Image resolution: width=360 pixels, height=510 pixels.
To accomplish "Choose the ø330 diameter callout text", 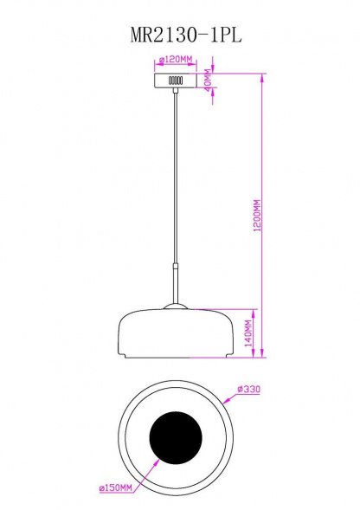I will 248,390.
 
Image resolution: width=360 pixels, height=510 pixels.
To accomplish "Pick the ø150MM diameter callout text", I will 115,489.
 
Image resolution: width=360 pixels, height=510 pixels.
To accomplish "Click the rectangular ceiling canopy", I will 176,80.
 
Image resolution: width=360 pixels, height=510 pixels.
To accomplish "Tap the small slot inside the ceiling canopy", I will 176,81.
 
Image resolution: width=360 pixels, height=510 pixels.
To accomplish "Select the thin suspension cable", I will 176,173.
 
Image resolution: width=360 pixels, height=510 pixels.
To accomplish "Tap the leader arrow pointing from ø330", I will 229,399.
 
